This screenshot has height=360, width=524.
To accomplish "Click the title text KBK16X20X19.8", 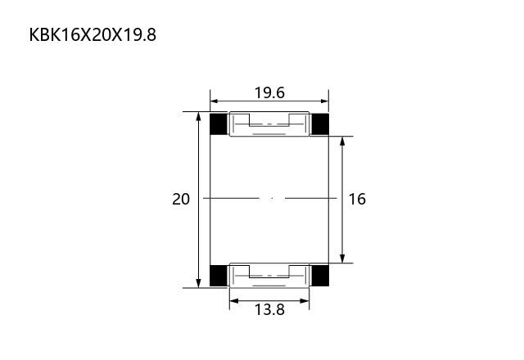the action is [93, 34].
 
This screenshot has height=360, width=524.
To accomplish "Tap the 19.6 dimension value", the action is [269, 92].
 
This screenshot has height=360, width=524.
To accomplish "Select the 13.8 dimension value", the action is [269, 309].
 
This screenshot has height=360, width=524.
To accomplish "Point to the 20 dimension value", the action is [181, 199].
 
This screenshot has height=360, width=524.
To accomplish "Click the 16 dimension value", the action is [357, 199].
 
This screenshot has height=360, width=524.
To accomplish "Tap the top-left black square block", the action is [219, 124].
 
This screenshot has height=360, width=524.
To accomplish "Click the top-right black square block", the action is [320, 124].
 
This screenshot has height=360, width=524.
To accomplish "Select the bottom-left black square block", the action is [219, 276].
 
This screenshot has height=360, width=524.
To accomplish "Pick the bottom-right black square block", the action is [320, 276].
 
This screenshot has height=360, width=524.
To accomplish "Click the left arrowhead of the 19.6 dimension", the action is [214, 101].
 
